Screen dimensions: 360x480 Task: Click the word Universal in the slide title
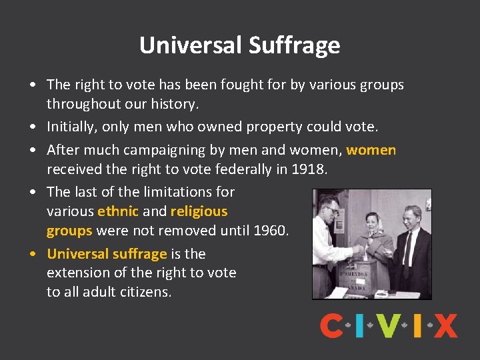click(191, 45)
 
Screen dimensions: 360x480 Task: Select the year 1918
click(309, 169)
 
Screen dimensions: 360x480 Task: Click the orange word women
click(371, 150)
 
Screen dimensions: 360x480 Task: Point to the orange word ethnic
click(118, 211)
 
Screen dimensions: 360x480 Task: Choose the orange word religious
click(199, 211)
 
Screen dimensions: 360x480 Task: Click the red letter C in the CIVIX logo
click(331, 326)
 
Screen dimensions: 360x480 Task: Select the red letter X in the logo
click(445, 326)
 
